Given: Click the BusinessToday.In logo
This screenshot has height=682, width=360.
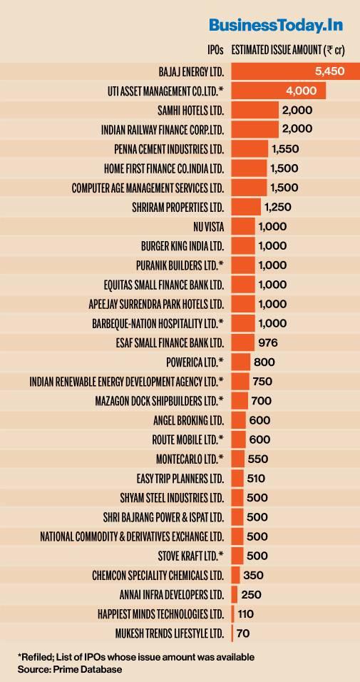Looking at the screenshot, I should (276, 26).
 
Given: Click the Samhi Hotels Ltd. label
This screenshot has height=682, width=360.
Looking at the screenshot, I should (190, 111).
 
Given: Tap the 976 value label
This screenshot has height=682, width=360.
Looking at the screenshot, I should (269, 342).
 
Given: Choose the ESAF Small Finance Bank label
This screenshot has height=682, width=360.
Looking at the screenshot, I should (170, 342).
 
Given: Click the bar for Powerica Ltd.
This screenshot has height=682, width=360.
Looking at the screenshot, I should (241, 362).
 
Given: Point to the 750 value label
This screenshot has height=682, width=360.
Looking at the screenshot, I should (262, 381).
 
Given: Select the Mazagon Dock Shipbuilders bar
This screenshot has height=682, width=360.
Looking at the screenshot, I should (240, 400).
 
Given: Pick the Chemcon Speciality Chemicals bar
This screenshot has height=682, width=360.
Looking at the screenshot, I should (235, 574).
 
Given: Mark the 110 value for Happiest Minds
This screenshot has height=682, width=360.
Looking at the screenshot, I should (247, 613).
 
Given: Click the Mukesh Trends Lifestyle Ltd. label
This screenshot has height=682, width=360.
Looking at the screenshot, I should (170, 633).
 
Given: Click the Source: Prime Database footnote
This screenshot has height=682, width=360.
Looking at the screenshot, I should (61, 669).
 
